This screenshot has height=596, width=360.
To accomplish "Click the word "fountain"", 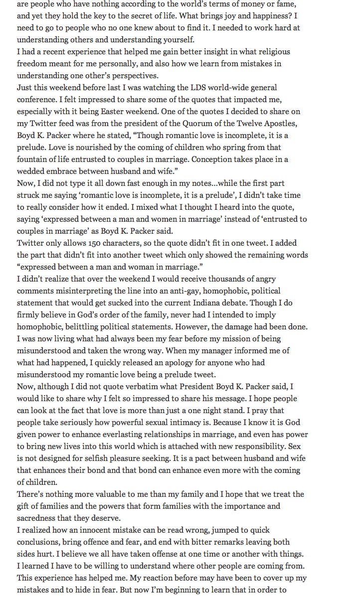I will (x=33, y=159).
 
